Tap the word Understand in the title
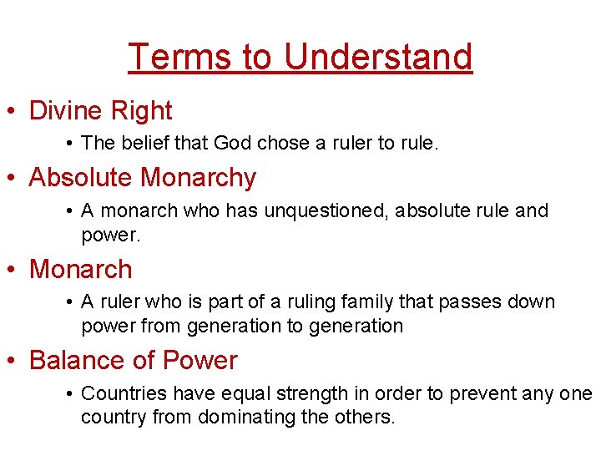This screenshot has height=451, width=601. point(378,57)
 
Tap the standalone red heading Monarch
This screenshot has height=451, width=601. point(80,269)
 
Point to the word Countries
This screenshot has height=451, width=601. point(122,393)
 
